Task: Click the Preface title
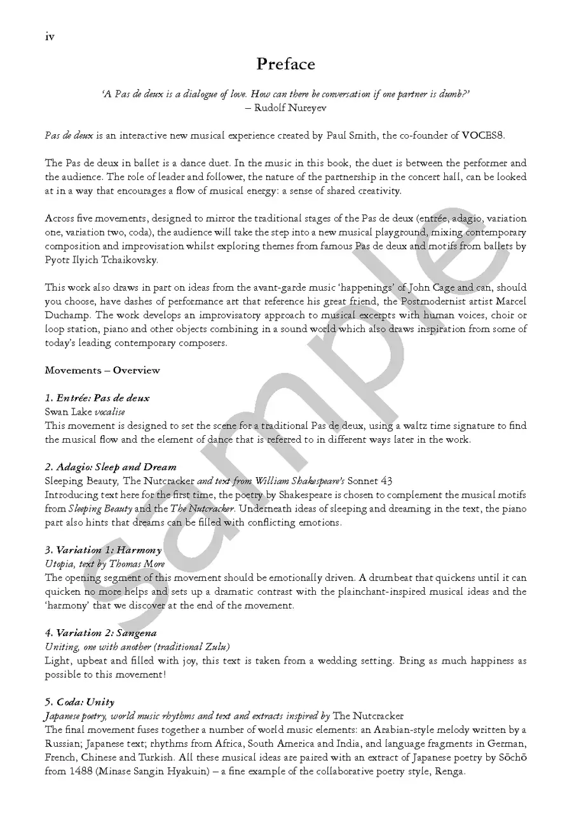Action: (x=285, y=64)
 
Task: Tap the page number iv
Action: (x=50, y=36)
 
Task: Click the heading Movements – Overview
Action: (x=102, y=370)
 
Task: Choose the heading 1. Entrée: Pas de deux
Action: (x=97, y=398)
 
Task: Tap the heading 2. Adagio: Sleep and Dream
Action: (x=111, y=467)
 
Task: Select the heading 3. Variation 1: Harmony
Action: (x=103, y=550)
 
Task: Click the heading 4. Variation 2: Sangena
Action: (x=101, y=632)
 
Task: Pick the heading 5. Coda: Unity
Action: (x=80, y=702)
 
